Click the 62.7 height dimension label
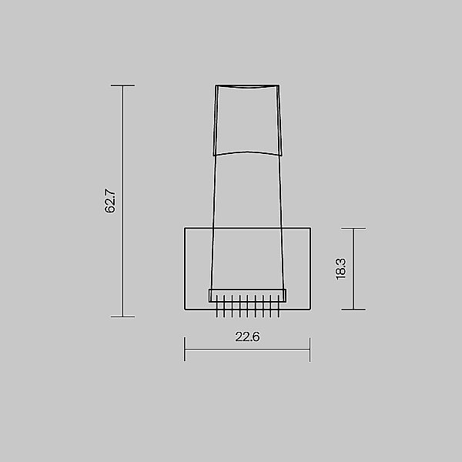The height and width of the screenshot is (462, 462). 110,201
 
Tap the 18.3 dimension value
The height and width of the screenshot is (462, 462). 340,269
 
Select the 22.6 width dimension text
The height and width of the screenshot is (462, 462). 247,336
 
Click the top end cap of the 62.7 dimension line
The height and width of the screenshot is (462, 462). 123,85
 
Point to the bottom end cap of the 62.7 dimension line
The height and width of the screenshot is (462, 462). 123,317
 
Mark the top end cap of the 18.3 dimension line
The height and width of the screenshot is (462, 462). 353,229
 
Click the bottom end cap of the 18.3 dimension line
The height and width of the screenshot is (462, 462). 353,310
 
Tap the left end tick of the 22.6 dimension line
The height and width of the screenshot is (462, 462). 185,349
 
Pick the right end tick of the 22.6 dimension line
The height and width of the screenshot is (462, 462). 310,350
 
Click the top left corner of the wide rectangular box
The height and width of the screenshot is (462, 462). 185,227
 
